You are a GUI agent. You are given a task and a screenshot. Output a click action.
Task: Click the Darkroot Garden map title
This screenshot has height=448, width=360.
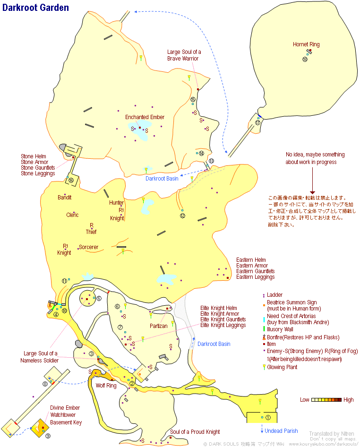[x=35, y=8]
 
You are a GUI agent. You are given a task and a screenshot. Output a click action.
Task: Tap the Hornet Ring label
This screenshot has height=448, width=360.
[x=306, y=44]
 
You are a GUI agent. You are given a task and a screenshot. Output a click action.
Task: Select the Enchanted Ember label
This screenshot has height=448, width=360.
[x=145, y=117]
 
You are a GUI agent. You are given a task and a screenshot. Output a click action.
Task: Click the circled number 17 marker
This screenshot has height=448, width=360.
[x=257, y=122]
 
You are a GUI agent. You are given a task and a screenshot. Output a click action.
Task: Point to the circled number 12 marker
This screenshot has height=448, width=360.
[x=183, y=216]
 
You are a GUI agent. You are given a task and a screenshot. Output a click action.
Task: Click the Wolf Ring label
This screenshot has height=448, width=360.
[x=106, y=386]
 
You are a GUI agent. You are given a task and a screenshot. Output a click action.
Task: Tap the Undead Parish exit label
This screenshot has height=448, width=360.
[x=281, y=431]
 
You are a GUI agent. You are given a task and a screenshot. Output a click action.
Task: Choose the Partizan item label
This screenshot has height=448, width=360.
[x=159, y=326]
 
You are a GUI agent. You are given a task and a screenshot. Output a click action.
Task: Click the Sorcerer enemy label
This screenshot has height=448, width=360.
[x=88, y=247]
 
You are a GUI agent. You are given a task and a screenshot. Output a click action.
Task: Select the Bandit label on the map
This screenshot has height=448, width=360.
[x=65, y=197]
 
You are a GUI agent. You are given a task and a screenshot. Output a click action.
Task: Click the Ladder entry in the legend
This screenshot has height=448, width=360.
[x=274, y=295]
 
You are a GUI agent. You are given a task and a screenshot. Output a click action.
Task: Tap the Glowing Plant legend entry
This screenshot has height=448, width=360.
[x=282, y=367]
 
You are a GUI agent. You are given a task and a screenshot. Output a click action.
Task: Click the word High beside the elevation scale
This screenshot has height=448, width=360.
[x=348, y=400]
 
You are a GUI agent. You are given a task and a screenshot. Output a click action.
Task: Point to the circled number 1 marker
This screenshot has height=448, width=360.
[x=267, y=417]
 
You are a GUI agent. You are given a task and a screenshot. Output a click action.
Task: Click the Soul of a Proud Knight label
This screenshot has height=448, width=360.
[x=195, y=432]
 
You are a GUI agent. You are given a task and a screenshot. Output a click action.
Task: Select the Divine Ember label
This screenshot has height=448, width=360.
[x=65, y=408]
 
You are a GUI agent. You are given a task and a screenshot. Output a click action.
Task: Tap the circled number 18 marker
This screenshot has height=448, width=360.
[x=305, y=59]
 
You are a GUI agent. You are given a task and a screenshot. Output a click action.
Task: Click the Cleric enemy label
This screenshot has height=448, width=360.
[x=72, y=215]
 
